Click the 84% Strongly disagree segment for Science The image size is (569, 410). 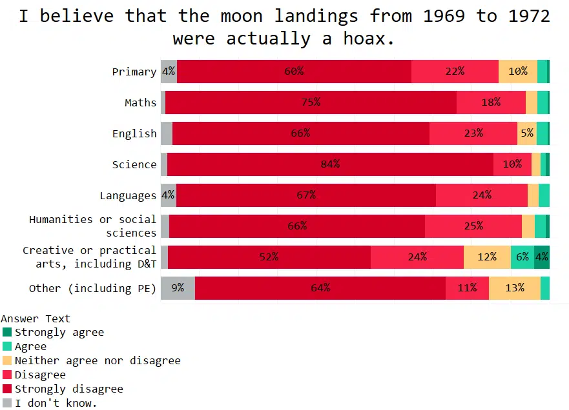click(330, 164)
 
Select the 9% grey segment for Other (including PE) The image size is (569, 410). click(178, 288)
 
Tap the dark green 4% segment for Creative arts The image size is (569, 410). click(542, 257)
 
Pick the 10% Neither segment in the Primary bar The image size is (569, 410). click(518, 72)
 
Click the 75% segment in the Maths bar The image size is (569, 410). click(311, 102)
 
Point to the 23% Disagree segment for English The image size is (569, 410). click(473, 133)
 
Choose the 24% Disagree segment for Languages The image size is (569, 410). click(482, 195)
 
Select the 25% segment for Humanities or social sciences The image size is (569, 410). click(473, 226)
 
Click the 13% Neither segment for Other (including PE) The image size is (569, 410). click(515, 288)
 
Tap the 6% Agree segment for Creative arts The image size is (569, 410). click(522, 257)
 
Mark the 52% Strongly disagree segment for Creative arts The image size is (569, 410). click(269, 257)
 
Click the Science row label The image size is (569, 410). click(134, 164)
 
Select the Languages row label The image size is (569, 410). click(128, 195)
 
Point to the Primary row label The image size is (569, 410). click(134, 72)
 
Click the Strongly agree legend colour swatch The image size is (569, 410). click(7, 332)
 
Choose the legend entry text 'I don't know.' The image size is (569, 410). click(56, 403)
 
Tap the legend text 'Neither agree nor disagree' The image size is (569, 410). click(98, 360)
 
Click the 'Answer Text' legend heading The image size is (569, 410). click(36, 318)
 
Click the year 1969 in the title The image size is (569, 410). click(444, 16)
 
